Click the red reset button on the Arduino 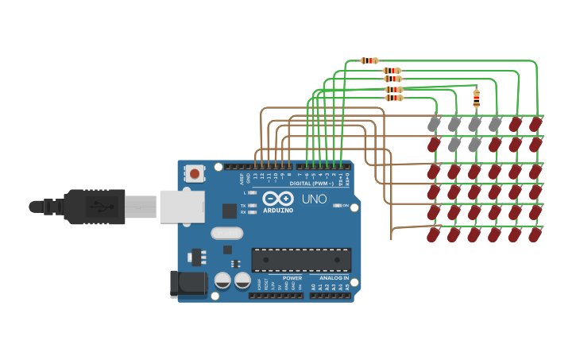(195, 172)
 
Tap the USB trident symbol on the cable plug (95, 207)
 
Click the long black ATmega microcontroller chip (301, 260)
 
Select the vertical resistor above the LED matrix (476, 99)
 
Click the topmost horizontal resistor (369, 60)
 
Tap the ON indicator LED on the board (337, 206)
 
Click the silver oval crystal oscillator (227, 234)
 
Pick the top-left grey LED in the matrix (433, 125)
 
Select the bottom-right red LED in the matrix (535, 235)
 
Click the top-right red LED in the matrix (535, 125)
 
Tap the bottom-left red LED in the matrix (433, 235)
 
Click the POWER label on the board (292, 278)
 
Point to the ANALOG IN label (334, 278)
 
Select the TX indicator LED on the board (252, 206)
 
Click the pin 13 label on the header (255, 176)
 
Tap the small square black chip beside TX (229, 211)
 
